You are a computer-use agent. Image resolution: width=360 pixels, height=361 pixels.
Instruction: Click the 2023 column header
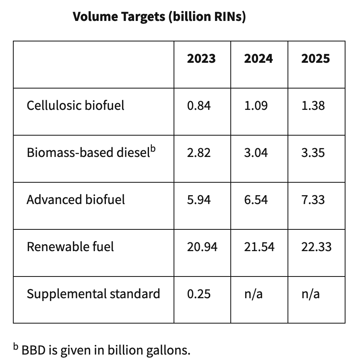point(201,59)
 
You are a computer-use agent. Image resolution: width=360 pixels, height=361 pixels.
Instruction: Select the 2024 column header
point(258,59)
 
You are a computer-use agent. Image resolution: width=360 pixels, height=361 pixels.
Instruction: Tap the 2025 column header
point(315,59)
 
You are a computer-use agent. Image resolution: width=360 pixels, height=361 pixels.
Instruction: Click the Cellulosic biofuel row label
point(75,105)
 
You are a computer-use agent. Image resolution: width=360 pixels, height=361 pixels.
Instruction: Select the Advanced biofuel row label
point(75,200)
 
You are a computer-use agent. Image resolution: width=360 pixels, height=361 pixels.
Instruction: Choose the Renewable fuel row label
point(70,246)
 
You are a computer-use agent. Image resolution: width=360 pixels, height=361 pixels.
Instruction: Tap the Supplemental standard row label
point(93,294)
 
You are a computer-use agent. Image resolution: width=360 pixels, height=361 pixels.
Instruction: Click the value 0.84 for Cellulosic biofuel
point(199,106)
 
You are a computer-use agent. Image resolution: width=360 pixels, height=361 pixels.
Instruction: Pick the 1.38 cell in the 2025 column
point(313,106)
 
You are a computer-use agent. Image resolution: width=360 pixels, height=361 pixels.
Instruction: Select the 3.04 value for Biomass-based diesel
point(256,153)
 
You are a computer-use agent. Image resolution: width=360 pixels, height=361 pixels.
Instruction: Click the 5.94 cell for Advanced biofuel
point(199,200)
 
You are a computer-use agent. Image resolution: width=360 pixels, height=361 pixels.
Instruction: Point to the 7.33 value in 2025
point(313,200)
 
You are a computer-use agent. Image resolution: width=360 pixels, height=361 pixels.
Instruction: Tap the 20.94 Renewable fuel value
point(202,247)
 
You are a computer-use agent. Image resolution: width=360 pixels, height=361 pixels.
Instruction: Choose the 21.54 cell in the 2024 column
point(259,247)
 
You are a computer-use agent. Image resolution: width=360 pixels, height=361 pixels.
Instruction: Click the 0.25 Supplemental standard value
point(199,294)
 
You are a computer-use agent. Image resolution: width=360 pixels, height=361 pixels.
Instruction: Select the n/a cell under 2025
point(310,294)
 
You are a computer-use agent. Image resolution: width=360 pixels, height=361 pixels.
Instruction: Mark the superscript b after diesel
point(153,149)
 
